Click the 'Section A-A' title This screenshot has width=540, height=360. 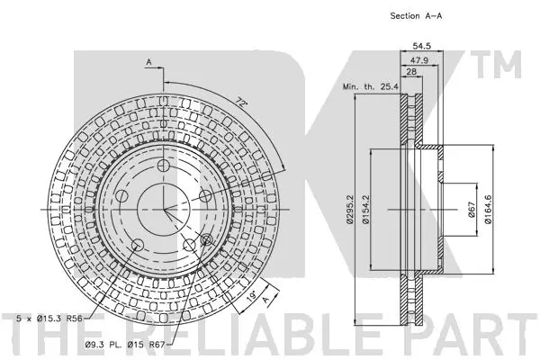(x=416, y=16)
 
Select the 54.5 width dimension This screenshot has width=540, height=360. (x=421, y=46)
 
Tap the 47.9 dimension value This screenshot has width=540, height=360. (x=419, y=60)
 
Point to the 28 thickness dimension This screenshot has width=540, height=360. (x=411, y=71)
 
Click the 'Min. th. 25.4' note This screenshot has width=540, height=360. (x=370, y=86)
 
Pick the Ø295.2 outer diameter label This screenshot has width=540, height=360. (x=350, y=210)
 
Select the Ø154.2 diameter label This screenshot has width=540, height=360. (x=365, y=210)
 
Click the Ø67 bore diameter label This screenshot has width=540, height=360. (x=472, y=210)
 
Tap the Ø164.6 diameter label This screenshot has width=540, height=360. (x=488, y=210)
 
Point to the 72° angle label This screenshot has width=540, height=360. (x=242, y=102)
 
